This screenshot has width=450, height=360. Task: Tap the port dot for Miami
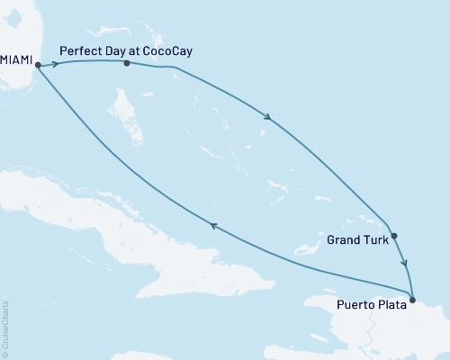pyautogui.click(x=38, y=65)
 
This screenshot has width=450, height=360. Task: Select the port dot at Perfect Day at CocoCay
pyautogui.click(x=127, y=63)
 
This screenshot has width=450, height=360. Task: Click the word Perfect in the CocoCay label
pyautogui.click(x=78, y=51)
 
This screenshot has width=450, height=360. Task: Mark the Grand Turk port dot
pyautogui.click(x=394, y=237)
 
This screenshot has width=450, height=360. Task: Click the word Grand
pyautogui.click(x=345, y=240)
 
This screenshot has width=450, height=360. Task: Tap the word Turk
pyautogui.click(x=376, y=240)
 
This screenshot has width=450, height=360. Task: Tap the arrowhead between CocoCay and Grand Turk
pyautogui.click(x=267, y=115)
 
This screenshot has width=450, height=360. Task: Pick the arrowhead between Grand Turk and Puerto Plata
pyautogui.click(x=405, y=265)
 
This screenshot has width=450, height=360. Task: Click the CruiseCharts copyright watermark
pyautogui.click(x=5, y=329)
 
